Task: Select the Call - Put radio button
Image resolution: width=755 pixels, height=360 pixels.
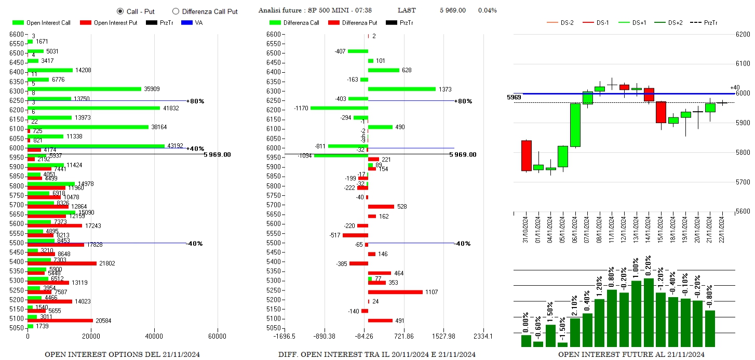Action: pyautogui.click(x=120, y=11)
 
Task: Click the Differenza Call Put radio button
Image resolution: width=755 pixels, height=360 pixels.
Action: pyautogui.click(x=176, y=11)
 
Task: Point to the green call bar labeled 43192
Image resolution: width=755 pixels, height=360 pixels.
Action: pyautogui.click(x=96, y=146)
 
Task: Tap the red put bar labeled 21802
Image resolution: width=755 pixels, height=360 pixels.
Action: pyautogui.click(x=62, y=263)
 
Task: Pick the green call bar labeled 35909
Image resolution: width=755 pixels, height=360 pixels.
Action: pyautogui.click(x=84, y=89)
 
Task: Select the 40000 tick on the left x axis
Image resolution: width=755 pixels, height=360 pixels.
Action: pyautogui.click(x=154, y=337)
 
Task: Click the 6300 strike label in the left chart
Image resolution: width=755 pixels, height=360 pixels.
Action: pyautogui.click(x=16, y=91)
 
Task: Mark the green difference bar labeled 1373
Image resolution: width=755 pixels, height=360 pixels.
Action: pyautogui.click(x=401, y=89)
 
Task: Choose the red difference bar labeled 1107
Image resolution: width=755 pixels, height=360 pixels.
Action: pyautogui.click(x=395, y=292)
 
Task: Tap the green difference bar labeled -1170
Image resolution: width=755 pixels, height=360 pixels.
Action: pyautogui.click(x=339, y=108)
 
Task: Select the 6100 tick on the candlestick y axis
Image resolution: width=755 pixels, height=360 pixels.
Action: pyautogui.click(x=744, y=64)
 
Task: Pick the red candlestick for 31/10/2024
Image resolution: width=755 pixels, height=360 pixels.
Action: pyautogui.click(x=526, y=155)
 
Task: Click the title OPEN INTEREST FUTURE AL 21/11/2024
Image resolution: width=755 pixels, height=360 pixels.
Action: pyautogui.click(x=631, y=354)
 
